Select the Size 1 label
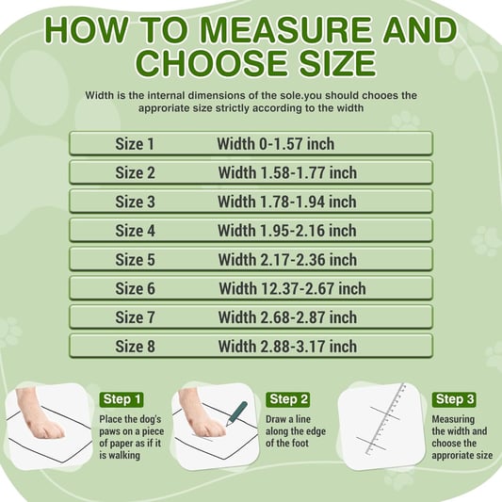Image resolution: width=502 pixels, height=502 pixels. (135, 144)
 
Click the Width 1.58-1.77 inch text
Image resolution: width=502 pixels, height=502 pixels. (287, 173)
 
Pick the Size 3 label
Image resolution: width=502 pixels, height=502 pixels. (135, 202)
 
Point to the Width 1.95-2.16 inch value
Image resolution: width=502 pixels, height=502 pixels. (287, 231)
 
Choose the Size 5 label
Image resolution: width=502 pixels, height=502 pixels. (135, 260)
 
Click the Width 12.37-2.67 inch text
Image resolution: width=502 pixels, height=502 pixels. (292, 289)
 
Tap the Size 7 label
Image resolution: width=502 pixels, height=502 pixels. (135, 317)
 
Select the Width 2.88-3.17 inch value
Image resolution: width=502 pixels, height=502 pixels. (287, 347)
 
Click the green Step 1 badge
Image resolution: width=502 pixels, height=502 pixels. (122, 399)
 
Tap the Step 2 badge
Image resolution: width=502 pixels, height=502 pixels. (288, 399)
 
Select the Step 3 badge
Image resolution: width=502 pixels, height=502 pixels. (455, 399)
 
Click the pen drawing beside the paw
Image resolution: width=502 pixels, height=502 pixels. (235, 413)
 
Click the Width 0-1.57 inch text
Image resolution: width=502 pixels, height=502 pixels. (276, 144)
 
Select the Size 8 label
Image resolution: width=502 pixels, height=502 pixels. (135, 347)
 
